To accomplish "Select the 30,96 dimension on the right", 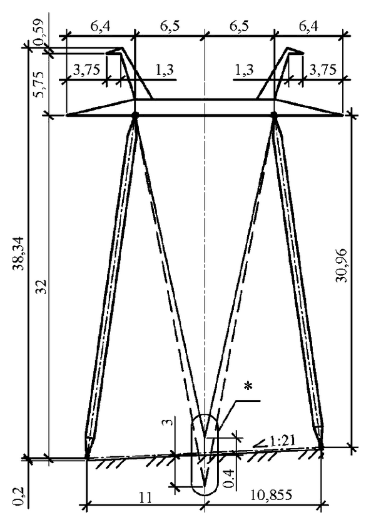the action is coord(342,266).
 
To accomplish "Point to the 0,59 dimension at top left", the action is coord(39,34).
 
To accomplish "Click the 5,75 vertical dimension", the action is coord(40,84).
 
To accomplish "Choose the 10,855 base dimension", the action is coord(271,494).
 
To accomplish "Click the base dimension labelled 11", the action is coord(145,497).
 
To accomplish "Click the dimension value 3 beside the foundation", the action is coord(170,421).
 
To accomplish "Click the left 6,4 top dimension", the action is coord(100,26).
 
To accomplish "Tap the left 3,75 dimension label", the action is coord(86,69).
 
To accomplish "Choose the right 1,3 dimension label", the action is coord(244,69).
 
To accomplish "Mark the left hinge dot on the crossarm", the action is coord(135,115).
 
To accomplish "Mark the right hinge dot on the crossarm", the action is coord(274,115).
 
